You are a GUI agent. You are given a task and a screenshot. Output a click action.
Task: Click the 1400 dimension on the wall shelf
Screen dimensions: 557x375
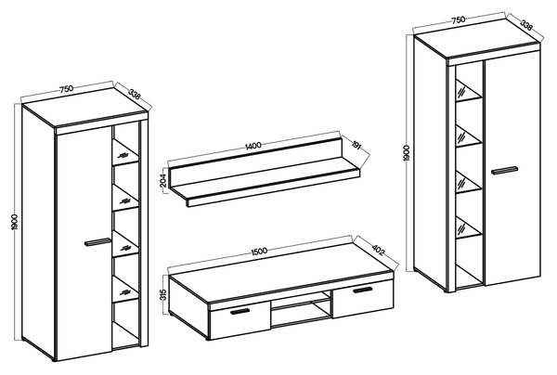pyautogui.click(x=253, y=145)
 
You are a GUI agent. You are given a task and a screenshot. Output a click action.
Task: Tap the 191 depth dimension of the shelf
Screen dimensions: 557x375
pyautogui.click(x=356, y=145)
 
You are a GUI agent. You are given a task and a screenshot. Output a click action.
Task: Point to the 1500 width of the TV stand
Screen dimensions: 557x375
pyautogui.click(x=259, y=251)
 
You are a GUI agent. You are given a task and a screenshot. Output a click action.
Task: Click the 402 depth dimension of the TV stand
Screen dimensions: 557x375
pyautogui.click(x=378, y=250)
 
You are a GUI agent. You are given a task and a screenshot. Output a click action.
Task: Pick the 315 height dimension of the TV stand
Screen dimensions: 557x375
pyautogui.click(x=163, y=295)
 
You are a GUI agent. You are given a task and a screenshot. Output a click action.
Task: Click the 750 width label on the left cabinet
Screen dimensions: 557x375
pyautogui.click(x=67, y=88)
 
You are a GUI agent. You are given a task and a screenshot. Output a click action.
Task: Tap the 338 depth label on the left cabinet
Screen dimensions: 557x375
pyautogui.click(x=135, y=95)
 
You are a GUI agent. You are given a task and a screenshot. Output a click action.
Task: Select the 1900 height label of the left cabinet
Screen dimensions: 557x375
pyautogui.click(x=15, y=222)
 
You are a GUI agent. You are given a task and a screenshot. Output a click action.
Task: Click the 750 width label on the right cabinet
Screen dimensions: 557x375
pyautogui.click(x=459, y=19)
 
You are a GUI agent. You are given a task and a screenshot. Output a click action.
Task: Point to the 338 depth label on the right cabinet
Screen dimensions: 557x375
pyautogui.click(x=526, y=25)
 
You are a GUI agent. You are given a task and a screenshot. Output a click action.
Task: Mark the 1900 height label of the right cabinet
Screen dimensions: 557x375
pyautogui.click(x=408, y=153)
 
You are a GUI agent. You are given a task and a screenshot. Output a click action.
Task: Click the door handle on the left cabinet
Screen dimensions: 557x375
pyautogui.click(x=97, y=242)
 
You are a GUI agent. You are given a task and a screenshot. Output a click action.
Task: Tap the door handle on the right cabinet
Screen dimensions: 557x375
pyautogui.click(x=504, y=170)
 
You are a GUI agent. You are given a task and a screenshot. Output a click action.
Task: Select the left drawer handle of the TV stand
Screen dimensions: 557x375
pyautogui.click(x=240, y=312)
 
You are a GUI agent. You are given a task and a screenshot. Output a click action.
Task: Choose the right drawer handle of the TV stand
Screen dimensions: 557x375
pyautogui.click(x=363, y=291)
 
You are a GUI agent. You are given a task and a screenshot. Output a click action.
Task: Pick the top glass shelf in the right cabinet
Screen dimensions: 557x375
pyautogui.click(x=469, y=91)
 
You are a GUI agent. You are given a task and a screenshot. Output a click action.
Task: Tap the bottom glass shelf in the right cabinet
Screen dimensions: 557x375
pyautogui.click(x=469, y=228)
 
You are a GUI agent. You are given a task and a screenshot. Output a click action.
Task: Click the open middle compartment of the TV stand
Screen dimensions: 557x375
pyautogui.click(x=301, y=308)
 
